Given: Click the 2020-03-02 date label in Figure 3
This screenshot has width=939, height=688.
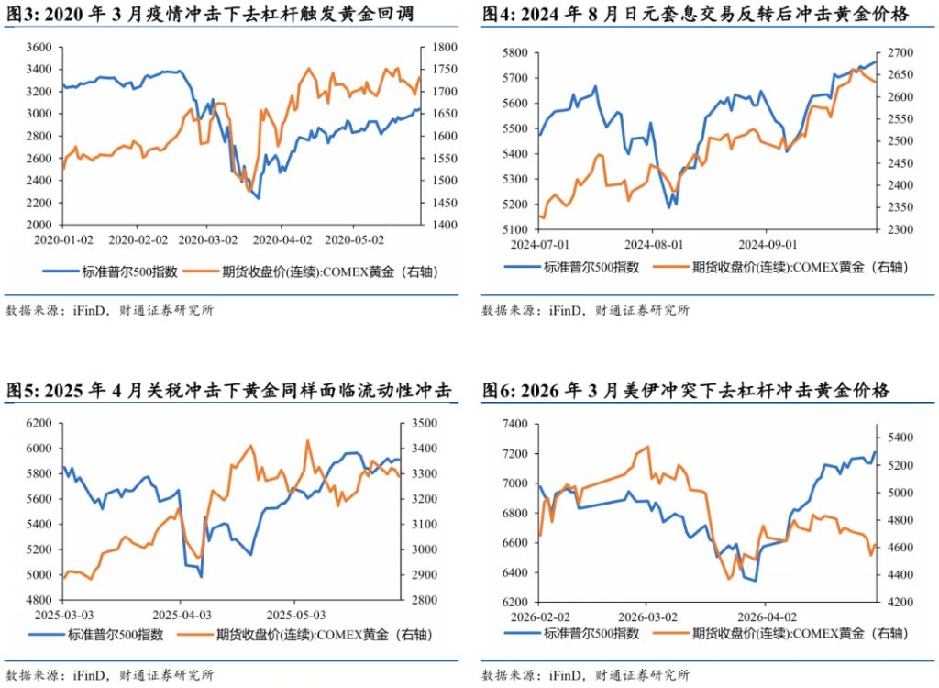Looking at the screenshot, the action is tap(208, 240).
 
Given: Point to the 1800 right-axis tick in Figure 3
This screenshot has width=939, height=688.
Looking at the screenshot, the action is tap(445, 48).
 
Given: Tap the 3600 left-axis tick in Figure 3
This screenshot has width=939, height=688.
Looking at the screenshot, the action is tap(39, 48).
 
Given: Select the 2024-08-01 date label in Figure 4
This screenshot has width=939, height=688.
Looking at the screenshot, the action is tap(654, 245).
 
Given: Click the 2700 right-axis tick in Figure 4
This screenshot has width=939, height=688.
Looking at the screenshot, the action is tap(900, 52).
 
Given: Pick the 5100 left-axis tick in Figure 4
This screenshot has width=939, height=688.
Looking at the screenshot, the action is tap(515, 229).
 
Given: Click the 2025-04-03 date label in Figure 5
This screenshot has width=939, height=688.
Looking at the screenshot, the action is tap(182, 616).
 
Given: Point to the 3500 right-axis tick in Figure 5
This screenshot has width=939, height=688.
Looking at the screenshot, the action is tap(425, 423).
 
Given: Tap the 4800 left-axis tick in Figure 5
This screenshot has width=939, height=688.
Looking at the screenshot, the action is tap(39, 600).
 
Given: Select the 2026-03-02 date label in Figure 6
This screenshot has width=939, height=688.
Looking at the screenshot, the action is tap(648, 617).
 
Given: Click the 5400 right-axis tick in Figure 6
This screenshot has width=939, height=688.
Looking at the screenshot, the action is tap(900, 438).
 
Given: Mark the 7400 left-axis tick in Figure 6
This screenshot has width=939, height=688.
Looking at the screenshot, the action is tap(515, 424).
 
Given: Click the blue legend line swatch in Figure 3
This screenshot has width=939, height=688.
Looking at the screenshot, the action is tap(61, 272).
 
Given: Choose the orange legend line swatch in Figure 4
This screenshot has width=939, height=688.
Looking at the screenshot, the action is tap(670, 267).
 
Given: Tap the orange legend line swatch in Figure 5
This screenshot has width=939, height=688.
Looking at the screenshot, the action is tap(195, 635).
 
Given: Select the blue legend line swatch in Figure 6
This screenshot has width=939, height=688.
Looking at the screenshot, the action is tap(522, 633).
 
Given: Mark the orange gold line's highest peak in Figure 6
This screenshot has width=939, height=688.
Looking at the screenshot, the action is tap(648, 447).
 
